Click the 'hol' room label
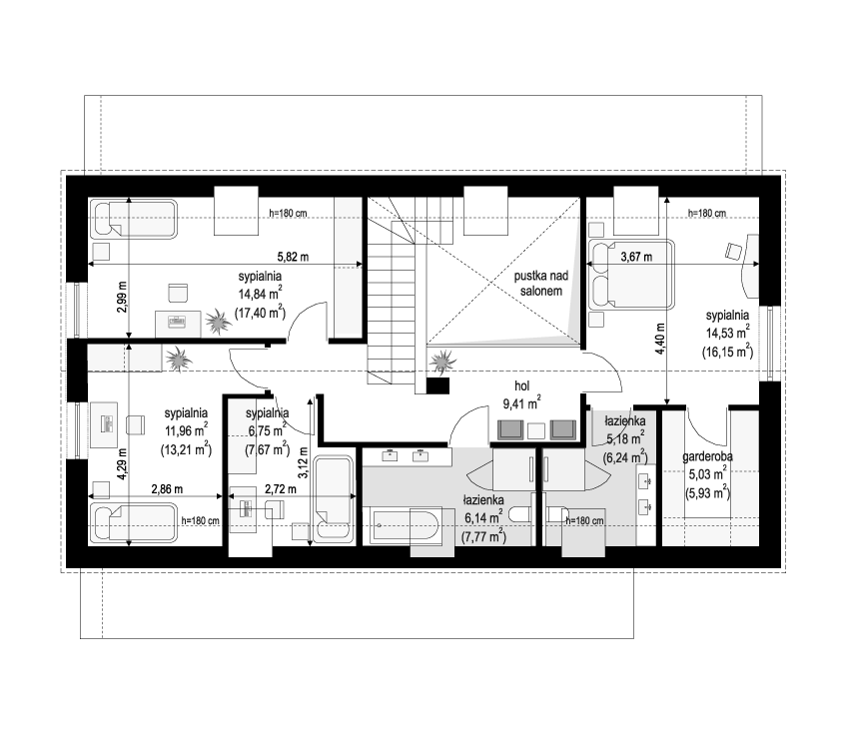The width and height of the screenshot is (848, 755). coord(521,386)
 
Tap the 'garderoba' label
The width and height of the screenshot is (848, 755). coord(707,457)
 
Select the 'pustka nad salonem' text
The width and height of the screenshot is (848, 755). coord(540,284)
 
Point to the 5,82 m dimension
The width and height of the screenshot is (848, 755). coord(293,257)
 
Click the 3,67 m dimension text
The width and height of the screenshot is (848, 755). coord(636,257)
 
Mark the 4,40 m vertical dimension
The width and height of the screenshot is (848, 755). coord(659,340)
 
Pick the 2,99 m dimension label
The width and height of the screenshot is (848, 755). coord(122,297)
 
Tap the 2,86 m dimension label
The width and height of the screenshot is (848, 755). coord(167,489)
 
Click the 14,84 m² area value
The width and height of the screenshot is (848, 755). coord(260,294)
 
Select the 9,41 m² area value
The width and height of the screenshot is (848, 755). coord(521,402)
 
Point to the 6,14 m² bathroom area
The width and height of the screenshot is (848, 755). coord(483,518)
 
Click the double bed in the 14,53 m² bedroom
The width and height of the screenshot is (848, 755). coord(631,275)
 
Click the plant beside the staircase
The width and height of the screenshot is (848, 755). coord(442,361)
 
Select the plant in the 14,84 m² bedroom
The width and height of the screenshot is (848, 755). coord(218,322)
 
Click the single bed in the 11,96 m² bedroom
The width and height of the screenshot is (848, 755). coord(133,523)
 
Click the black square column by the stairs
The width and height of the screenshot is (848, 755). coord(437,385)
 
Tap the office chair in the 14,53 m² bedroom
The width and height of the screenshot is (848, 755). coord(734,251)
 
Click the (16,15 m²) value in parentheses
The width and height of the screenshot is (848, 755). coord(727,352)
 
